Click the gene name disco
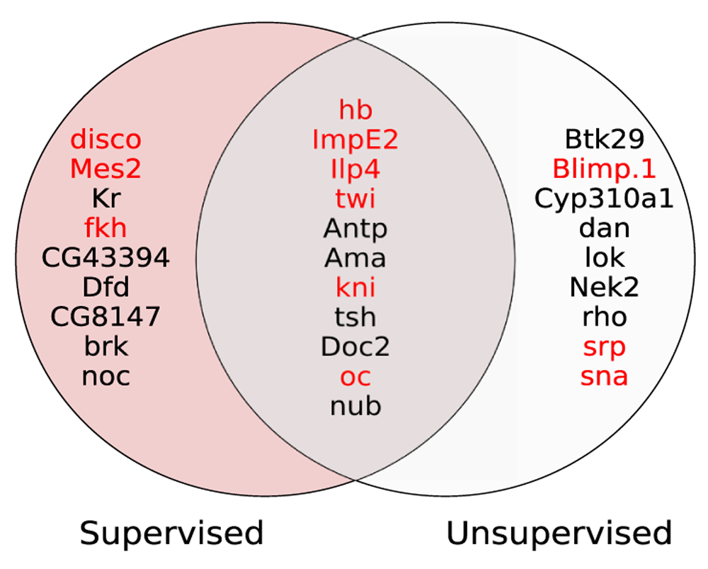pyautogui.click(x=105, y=139)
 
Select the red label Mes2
pyautogui.click(x=105, y=169)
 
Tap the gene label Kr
pyautogui.click(x=106, y=198)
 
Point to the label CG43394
pyautogui.click(x=105, y=258)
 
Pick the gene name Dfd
pyautogui.click(x=105, y=287)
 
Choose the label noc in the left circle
pyautogui.click(x=106, y=376)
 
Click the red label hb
pyautogui.click(x=356, y=110)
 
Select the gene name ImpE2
pyautogui.click(x=355, y=139)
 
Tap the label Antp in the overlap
pyautogui.click(x=355, y=228)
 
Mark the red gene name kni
pyautogui.click(x=356, y=288)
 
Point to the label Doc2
pyautogui.click(x=355, y=347)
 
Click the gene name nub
pyautogui.click(x=356, y=406)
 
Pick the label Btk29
pyautogui.click(x=605, y=139)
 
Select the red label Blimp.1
pyautogui.click(x=604, y=169)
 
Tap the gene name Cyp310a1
pyautogui.click(x=604, y=198)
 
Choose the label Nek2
pyautogui.click(x=605, y=287)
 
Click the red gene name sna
pyautogui.click(x=604, y=376)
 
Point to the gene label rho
pyautogui.click(x=605, y=317)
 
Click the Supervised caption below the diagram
pyautogui.click(x=171, y=534)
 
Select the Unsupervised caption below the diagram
pyautogui.click(x=559, y=534)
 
